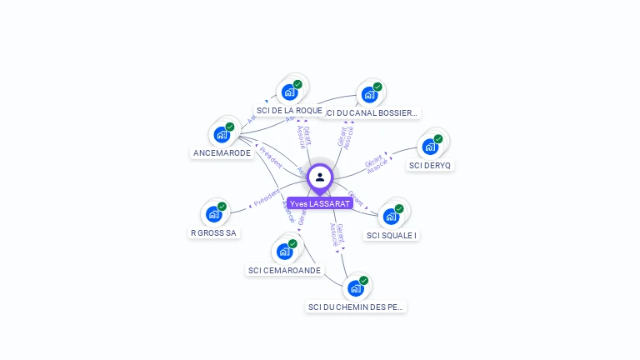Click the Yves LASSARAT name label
pos(320,203)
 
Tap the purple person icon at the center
pos(320,177)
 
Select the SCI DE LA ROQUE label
pos(289,110)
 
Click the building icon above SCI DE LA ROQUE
pos(289,92)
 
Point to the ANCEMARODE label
pos(222,152)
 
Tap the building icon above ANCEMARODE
pos(222,134)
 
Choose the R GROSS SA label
pos(213,232)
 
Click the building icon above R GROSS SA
pos(214,214)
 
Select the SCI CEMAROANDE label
pos(284,270)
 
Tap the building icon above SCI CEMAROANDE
pos(285,251)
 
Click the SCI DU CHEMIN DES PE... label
pos(356,307)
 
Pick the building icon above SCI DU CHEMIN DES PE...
pos(356,288)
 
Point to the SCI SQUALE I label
pos(392,235)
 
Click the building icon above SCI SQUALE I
pos(391,216)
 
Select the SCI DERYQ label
pos(430,165)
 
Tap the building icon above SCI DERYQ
pos(430,147)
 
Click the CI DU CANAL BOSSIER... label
pos(372,112)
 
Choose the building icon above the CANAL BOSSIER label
pos(369,94)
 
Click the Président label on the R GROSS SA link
pos(267,198)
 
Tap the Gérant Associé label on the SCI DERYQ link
pos(375,163)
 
